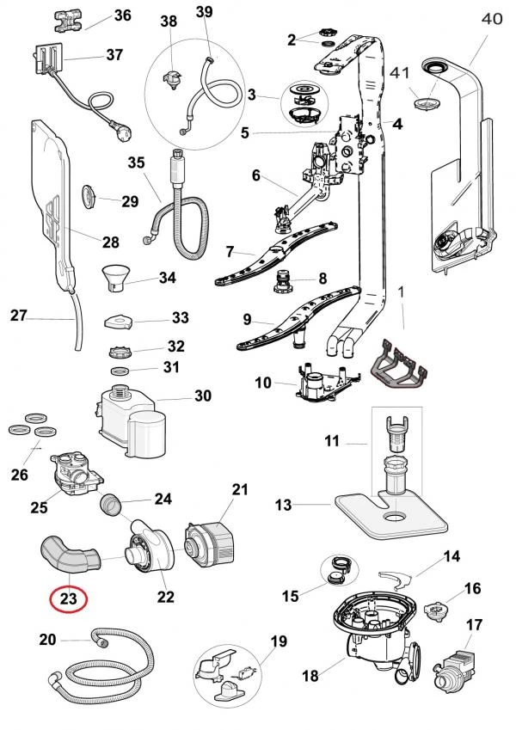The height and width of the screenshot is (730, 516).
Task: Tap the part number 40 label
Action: pyautogui.click(x=490, y=18)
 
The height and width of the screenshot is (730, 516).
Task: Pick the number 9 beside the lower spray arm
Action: pyautogui.click(x=248, y=319)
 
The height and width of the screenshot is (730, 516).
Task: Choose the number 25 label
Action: pyautogui.click(x=39, y=507)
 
